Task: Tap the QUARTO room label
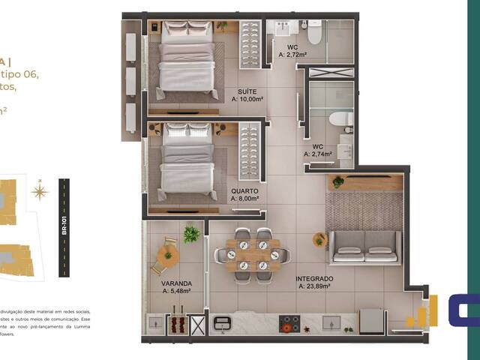click(x=245, y=191)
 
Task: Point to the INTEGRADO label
click(x=315, y=278)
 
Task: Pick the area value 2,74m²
click(x=319, y=153)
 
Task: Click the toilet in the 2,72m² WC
click(x=313, y=33)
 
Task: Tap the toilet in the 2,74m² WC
click(x=342, y=119)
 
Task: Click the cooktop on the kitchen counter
click(x=289, y=322)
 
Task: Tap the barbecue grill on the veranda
click(x=178, y=324)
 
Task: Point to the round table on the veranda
click(x=167, y=253)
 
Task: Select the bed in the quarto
click(x=187, y=163)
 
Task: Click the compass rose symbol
click(x=39, y=192)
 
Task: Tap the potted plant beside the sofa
click(x=320, y=240)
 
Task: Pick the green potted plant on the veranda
click(x=191, y=233)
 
